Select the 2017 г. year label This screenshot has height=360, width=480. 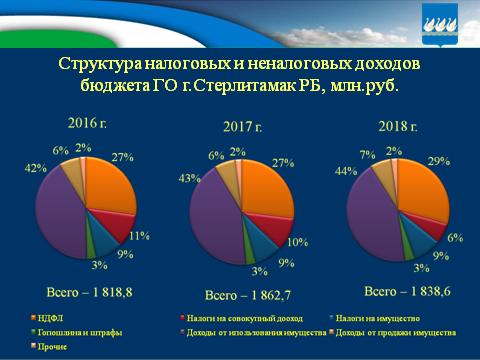(243, 126)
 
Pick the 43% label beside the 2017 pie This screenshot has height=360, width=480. (184, 177)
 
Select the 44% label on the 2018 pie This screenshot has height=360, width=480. (340, 171)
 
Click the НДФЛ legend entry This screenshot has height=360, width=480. (48, 317)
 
